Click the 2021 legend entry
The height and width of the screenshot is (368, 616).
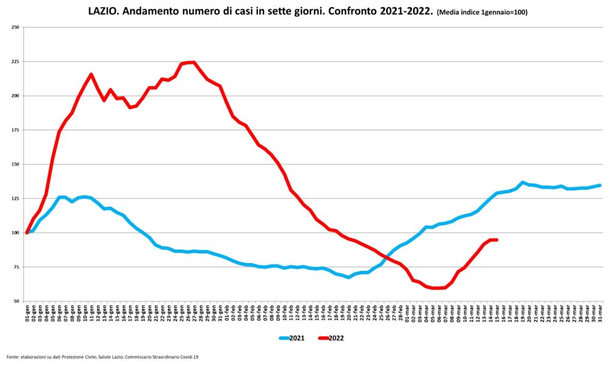point(295,338)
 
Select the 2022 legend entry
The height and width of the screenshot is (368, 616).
point(334,338)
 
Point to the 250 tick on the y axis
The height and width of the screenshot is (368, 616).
point(15,28)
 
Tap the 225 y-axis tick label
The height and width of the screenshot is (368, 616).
point(15,61)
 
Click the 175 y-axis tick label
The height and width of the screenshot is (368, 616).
point(15,130)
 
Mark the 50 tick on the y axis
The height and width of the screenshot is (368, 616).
point(16,301)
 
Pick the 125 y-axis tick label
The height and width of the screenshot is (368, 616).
point(15,199)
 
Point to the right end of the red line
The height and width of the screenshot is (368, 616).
point(496,240)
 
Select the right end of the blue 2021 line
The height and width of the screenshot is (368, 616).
point(600,186)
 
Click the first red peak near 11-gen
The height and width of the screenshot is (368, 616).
point(91,75)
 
